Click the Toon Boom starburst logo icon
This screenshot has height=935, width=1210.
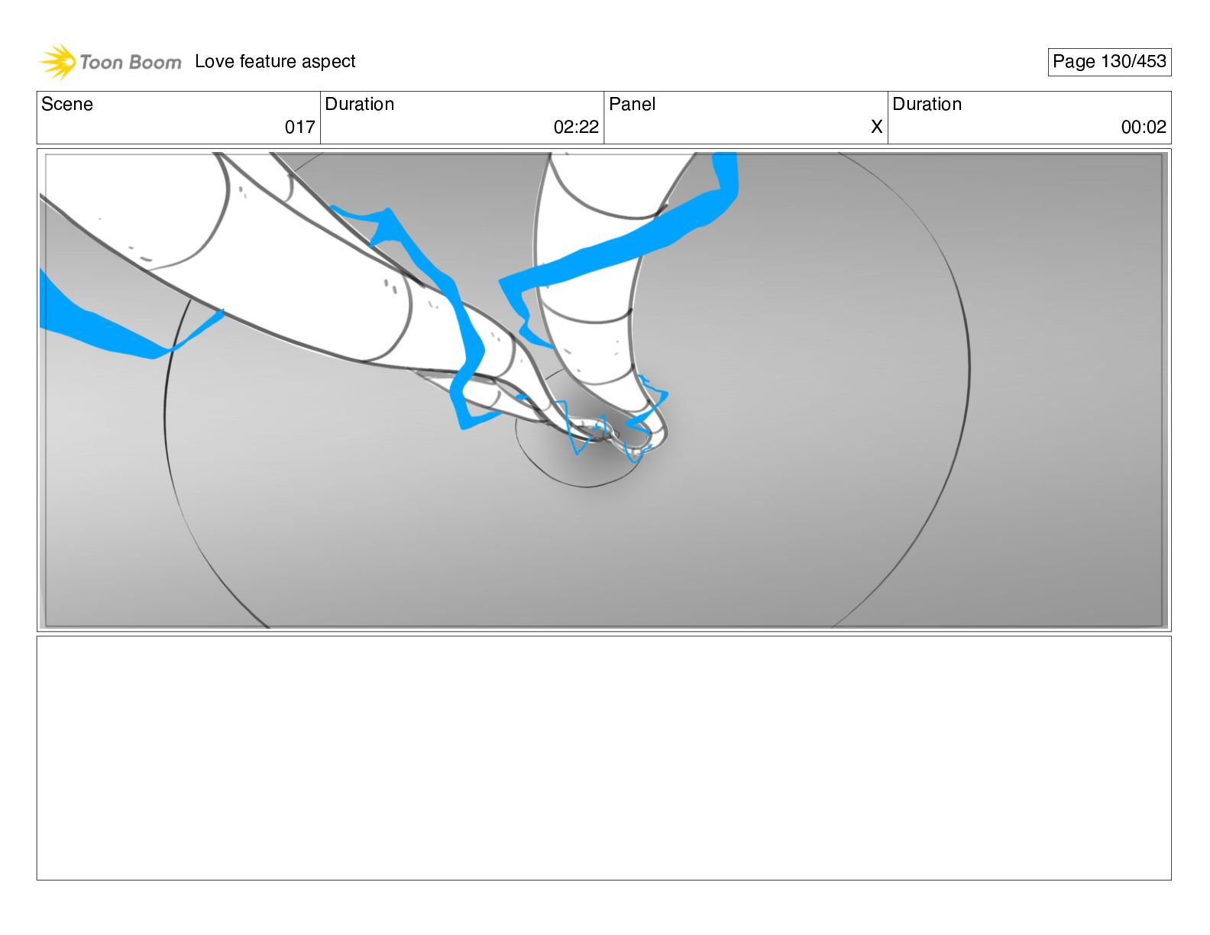click(58, 62)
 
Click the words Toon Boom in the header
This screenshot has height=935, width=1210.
click(131, 62)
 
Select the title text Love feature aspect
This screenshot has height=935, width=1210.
click(275, 61)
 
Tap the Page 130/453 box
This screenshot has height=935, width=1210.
click(1109, 62)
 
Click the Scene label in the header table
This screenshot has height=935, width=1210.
click(66, 104)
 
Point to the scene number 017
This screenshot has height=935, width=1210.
click(299, 127)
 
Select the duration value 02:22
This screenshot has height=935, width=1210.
click(576, 127)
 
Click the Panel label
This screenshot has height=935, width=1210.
click(632, 104)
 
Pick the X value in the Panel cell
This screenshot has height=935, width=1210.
click(876, 127)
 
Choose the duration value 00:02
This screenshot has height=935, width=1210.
click(1144, 127)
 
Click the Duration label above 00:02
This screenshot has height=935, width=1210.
click(927, 104)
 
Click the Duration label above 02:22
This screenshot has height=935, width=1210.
click(360, 104)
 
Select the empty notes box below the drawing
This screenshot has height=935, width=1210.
click(604, 758)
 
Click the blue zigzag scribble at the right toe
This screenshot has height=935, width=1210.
click(646, 418)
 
